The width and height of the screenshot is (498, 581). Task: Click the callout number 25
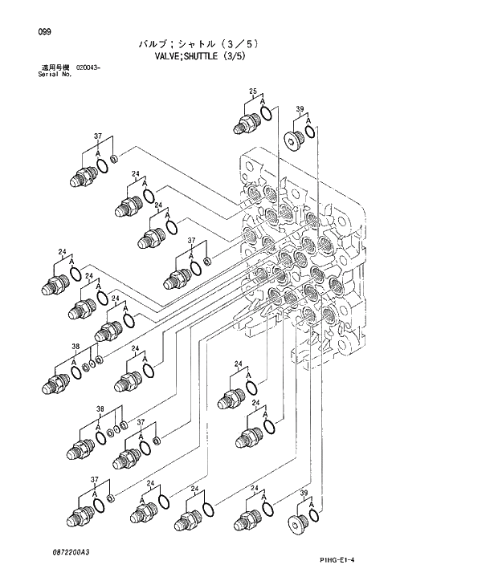coord(252,93)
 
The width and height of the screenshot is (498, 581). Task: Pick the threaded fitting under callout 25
coord(245,125)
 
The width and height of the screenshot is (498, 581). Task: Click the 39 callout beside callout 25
coord(299,109)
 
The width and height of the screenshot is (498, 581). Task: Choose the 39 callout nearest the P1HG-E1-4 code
coord(304,493)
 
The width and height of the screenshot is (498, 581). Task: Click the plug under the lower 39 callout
coord(296,526)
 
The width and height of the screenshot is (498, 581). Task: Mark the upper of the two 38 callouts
coord(75,347)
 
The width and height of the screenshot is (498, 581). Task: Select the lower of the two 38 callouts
coord(100,409)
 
